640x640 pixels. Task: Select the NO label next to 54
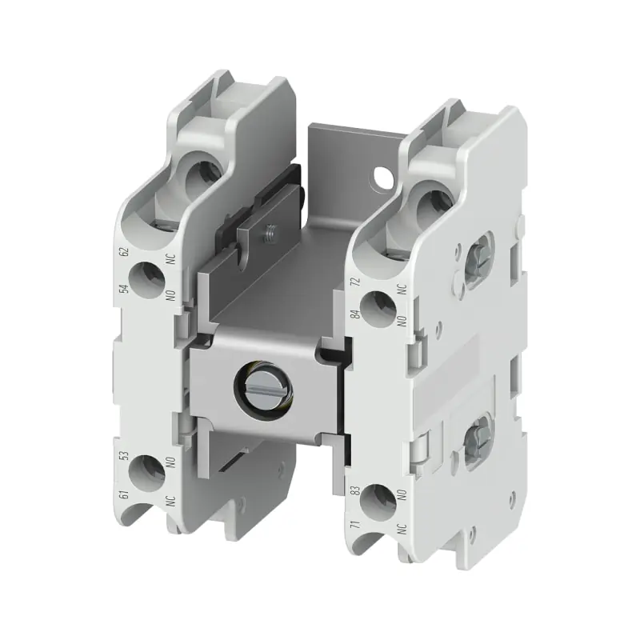click(169, 294)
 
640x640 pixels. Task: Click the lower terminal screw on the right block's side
click(473, 437)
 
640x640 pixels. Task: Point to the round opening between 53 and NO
click(146, 472)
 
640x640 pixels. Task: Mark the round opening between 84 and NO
click(378, 306)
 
